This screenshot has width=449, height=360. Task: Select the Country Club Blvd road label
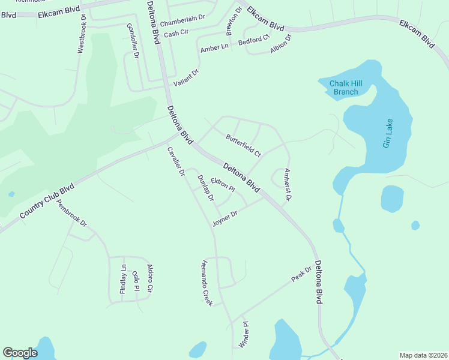46,201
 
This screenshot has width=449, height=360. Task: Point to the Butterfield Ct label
243,146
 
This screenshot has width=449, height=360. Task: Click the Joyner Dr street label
225,218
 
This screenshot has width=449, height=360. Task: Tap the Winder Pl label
244,335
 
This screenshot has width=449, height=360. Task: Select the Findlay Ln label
123,278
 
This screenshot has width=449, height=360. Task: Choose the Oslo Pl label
136,280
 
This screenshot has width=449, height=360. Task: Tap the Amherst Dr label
287,185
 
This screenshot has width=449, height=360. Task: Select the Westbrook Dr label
82,38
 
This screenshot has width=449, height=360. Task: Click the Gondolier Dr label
133,41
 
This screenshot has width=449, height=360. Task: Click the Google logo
20,353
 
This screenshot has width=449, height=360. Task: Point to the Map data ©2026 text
423,355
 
